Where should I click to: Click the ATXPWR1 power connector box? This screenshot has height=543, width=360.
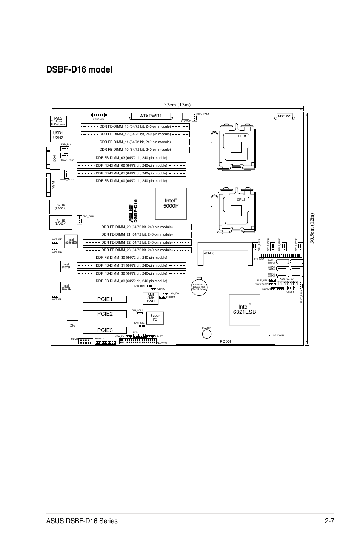pos(151,116)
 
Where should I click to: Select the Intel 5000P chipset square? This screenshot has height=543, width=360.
pos(171,204)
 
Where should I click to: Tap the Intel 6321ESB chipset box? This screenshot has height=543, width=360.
pos(245,309)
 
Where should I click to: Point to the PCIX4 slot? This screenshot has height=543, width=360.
pos(225,342)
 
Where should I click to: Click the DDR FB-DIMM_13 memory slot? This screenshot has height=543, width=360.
pos(135,126)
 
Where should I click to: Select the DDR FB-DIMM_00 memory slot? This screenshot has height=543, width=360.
pos(131,181)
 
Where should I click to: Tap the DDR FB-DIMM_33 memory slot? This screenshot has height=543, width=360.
pos(131,281)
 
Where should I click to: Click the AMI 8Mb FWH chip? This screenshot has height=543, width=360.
pos(151,298)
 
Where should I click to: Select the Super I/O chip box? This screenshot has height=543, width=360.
pos(155,318)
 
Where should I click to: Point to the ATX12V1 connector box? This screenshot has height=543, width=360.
pos(285,116)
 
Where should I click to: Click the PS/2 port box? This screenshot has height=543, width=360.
pos(58,121)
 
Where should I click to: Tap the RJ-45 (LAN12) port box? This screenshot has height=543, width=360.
pos(61,207)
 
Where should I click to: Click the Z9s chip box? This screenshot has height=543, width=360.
pos(72,326)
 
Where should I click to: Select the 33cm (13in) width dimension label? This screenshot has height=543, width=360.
pos(177,105)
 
